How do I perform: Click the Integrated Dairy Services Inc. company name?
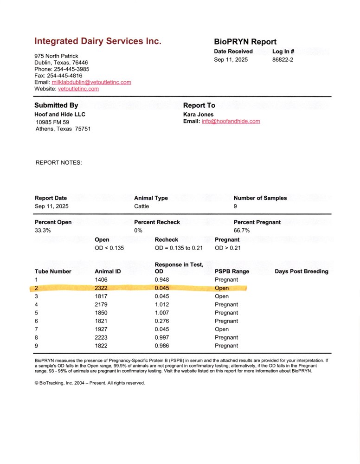pyautogui.click(x=98, y=41)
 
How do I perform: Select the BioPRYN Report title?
pyautogui.click(x=245, y=42)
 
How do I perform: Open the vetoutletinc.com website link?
pyautogui.click(x=78, y=89)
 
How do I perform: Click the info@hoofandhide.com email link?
pyautogui.click(x=231, y=122)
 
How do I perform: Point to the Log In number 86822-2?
pyautogui.click(x=283, y=60)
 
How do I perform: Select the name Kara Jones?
pyautogui.click(x=199, y=114)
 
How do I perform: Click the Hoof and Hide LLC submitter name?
pyautogui.click(x=60, y=114)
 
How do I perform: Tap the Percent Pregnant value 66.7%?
pyautogui.click(x=242, y=230)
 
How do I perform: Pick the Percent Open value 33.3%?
pyautogui.click(x=43, y=230)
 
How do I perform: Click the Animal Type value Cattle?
pyautogui.click(x=141, y=206)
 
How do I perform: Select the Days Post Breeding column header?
pyautogui.click(x=301, y=271)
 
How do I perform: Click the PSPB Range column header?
pyautogui.click(x=232, y=271)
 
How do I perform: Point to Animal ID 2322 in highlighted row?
pyautogui.click(x=101, y=288)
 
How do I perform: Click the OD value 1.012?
pyautogui.click(x=162, y=305)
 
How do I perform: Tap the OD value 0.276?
pyautogui.click(x=162, y=321)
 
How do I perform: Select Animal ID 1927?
pyautogui.click(x=101, y=329)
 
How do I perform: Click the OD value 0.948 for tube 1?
pyautogui.click(x=162, y=280)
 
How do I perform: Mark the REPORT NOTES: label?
pyautogui.click(x=58, y=163)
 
